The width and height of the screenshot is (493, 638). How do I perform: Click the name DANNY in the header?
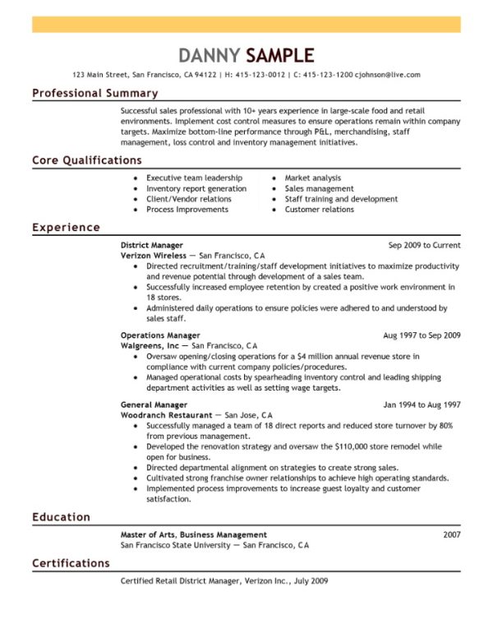pos(209,55)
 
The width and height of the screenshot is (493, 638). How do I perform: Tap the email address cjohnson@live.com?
pos(387,74)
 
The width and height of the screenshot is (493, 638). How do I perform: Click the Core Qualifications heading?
pos(86,160)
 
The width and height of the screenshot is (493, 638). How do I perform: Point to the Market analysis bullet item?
pos(312,178)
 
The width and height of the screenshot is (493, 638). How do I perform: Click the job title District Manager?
pos(151,245)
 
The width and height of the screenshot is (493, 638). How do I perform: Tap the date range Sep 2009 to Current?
pos(424,245)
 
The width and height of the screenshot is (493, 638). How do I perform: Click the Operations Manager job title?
pos(160,335)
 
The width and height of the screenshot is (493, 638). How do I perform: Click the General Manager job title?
pos(154,405)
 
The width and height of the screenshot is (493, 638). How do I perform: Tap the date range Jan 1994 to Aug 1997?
pos(422,405)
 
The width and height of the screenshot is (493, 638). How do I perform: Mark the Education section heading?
pos(61,517)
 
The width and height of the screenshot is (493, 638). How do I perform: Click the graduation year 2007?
pos(451,534)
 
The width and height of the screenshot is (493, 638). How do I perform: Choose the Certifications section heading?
pos(71,563)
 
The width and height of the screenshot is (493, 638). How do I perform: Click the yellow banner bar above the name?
pos(246,24)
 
